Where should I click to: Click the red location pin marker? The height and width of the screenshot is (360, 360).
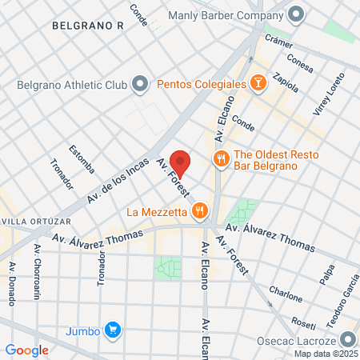coord(182,162)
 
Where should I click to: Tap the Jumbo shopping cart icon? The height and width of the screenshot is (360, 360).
coord(114,330)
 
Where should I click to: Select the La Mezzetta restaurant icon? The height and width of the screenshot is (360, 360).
coord(200,212)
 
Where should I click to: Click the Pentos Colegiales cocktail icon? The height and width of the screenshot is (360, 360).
coord(258,82)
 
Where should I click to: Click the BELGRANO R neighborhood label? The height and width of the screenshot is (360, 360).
coord(87,26)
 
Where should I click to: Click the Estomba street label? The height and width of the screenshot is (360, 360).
coord(82,158)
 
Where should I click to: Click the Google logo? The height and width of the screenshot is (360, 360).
coord(26,350)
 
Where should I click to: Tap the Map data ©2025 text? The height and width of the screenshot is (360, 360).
coord(325,354)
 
